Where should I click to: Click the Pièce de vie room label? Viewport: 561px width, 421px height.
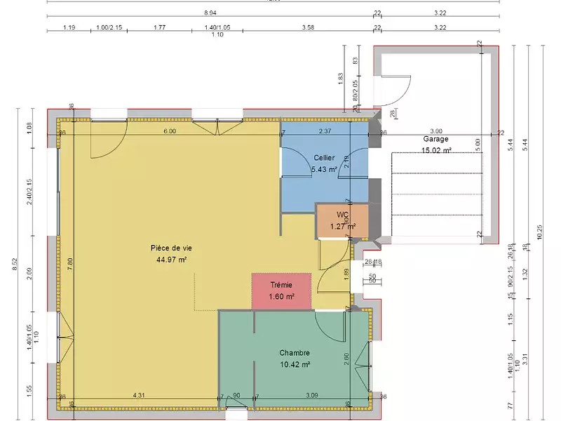click(x=171, y=248)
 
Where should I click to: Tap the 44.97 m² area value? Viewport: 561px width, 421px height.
click(x=171, y=259)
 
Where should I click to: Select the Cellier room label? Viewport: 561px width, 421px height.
click(x=324, y=158)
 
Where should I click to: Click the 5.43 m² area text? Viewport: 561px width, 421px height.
click(x=324, y=169)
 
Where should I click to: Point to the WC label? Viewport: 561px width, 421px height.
click(x=343, y=215)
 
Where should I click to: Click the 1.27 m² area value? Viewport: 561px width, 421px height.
click(x=343, y=226)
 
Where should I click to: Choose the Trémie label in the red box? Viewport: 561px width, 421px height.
click(x=280, y=284)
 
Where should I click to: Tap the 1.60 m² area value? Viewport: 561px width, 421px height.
click(x=280, y=296)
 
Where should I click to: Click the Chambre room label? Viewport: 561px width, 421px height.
click(x=295, y=353)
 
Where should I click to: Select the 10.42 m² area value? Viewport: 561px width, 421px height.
click(x=295, y=364)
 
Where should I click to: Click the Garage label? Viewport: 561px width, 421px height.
click(x=435, y=139)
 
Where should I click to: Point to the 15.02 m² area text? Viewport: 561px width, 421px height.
click(x=436, y=149)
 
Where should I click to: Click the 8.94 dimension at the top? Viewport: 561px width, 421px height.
click(x=210, y=13)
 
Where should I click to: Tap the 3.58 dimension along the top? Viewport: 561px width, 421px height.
click(x=307, y=27)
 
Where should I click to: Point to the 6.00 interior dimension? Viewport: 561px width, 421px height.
click(x=170, y=131)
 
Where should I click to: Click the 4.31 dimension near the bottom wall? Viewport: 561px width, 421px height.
click(x=139, y=396)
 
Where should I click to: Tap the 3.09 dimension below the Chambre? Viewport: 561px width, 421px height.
click(x=311, y=396)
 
